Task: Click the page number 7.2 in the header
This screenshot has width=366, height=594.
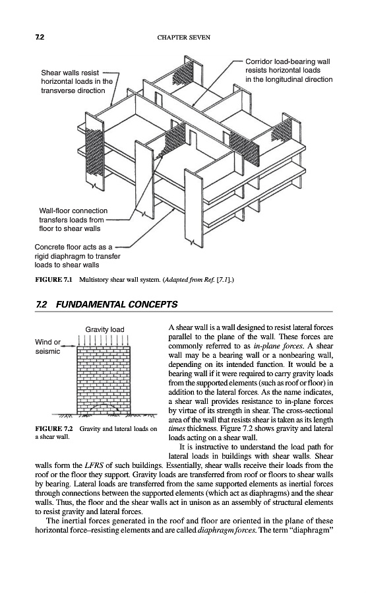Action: (40, 37)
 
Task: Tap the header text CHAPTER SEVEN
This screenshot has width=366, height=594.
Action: (183, 37)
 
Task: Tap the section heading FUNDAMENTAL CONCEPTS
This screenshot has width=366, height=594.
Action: (117, 304)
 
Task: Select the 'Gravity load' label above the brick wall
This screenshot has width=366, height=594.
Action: (104, 329)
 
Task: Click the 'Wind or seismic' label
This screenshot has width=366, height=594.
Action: (47, 346)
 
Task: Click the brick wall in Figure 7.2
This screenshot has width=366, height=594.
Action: (104, 379)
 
